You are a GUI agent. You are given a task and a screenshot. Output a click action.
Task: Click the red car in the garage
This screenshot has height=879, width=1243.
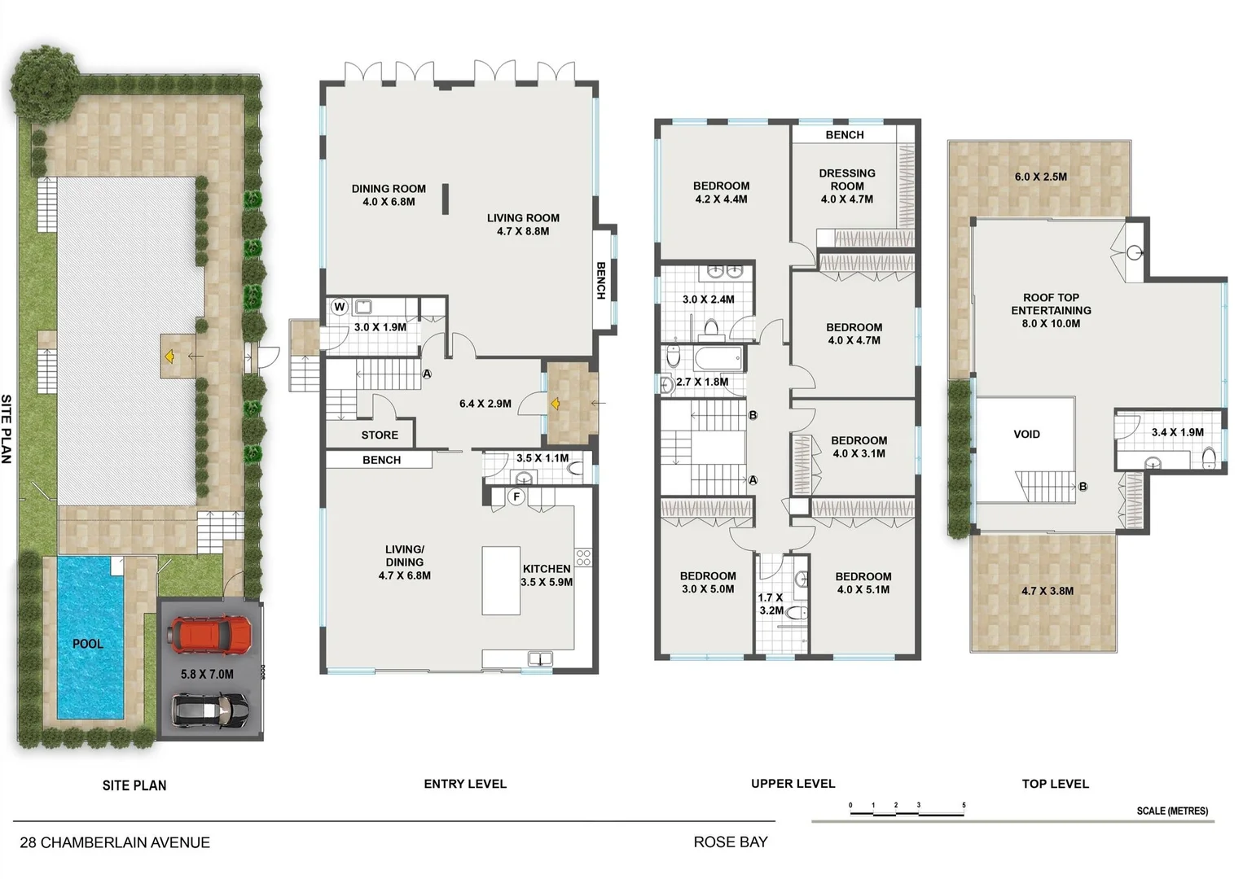click(x=211, y=634)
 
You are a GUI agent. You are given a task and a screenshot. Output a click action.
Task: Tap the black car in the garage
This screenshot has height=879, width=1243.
click(x=210, y=711)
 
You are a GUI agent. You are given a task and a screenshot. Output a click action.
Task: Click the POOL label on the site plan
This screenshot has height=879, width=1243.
click(x=88, y=644)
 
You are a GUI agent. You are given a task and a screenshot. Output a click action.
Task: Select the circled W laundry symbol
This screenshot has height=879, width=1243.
click(x=340, y=307)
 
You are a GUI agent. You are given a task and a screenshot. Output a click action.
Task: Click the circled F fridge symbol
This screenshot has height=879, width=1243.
click(x=516, y=496)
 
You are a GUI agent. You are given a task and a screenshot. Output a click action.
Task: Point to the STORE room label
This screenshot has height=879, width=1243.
click(x=380, y=435)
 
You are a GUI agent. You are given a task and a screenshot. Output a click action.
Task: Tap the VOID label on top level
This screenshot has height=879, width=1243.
click(x=1026, y=435)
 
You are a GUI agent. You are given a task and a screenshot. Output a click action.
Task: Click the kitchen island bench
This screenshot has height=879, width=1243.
click(x=501, y=580)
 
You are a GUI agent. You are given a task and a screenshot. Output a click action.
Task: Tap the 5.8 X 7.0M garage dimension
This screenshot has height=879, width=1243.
click(x=207, y=675)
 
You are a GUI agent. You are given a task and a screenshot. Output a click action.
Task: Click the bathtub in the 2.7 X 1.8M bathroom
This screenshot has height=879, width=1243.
click(x=718, y=358)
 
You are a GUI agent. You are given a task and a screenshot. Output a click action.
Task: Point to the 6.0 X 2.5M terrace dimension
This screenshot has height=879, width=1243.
click(x=1040, y=177)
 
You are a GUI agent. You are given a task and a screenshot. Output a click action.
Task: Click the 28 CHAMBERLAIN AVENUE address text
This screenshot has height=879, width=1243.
click(x=115, y=843)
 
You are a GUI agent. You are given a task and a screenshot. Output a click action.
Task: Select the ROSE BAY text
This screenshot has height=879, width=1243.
click(x=731, y=842)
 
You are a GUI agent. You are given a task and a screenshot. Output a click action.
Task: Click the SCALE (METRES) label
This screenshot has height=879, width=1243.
click(x=1172, y=811)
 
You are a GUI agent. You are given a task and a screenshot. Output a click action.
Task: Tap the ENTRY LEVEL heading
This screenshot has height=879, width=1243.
click(x=465, y=784)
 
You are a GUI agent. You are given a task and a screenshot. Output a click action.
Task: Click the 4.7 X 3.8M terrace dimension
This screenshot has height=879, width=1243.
click(x=1047, y=591)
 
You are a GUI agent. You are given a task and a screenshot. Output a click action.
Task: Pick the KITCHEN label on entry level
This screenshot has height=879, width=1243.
click(x=547, y=569)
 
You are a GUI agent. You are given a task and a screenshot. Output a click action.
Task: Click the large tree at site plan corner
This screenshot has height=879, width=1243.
click(x=45, y=79)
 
